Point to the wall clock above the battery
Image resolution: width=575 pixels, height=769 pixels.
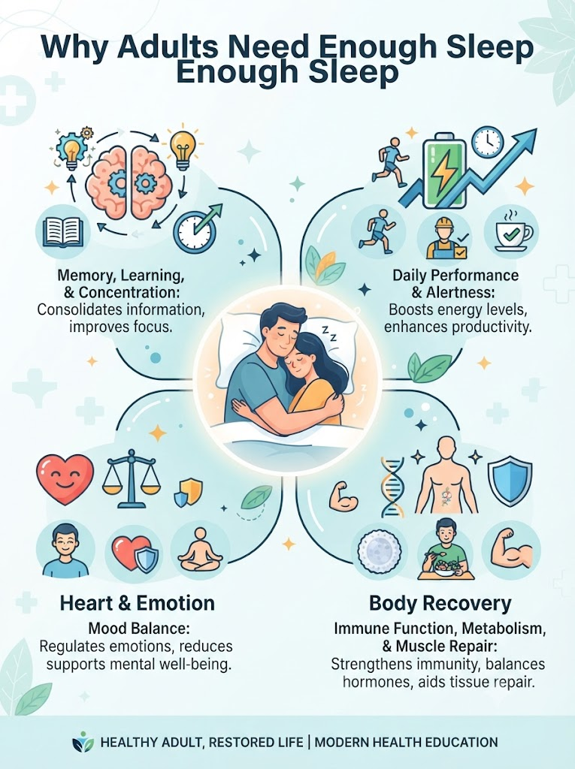(488, 141)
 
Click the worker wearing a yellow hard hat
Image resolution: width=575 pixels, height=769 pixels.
(446, 238)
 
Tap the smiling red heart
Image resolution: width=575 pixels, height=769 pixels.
(65, 479)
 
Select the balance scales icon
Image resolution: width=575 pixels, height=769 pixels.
(131, 478)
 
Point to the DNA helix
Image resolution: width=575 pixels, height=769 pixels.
(393, 487)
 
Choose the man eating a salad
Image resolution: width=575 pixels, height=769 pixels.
(446, 549)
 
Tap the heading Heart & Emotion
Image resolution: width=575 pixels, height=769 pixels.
(137, 603)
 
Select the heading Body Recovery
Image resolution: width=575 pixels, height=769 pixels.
(440, 603)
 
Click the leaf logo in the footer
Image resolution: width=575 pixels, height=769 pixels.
(83, 741)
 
